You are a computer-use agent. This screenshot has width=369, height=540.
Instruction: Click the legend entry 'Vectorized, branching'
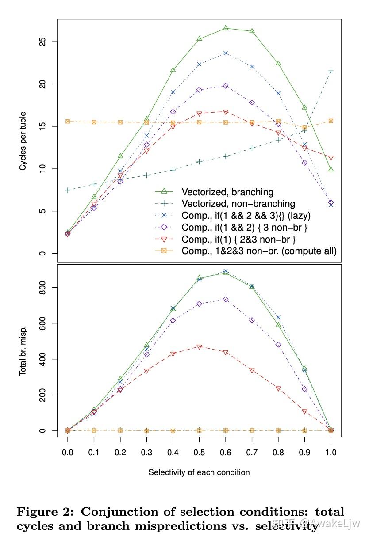227,192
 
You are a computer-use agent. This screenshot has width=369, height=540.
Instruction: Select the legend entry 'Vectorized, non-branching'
238,204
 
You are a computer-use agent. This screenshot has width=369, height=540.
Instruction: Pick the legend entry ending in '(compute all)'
259,251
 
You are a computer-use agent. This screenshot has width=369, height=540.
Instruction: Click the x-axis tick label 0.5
199,453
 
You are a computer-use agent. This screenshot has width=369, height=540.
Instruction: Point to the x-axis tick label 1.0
331,453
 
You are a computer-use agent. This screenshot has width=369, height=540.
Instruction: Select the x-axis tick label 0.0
67,453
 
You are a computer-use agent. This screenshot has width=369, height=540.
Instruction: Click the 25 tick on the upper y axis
42,42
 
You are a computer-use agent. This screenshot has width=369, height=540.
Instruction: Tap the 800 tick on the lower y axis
42,287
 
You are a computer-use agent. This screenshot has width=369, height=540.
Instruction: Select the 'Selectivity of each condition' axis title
199,472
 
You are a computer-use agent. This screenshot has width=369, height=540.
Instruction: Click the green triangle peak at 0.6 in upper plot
226,28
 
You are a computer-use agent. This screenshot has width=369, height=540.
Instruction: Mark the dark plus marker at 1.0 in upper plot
331,71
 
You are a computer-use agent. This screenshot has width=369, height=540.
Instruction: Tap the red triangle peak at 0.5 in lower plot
199,347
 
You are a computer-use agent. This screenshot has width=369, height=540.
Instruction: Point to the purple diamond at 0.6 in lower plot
226,299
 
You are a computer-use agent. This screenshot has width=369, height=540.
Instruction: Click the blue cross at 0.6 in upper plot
226,53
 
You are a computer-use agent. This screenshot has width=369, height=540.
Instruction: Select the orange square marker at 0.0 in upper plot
67,121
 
